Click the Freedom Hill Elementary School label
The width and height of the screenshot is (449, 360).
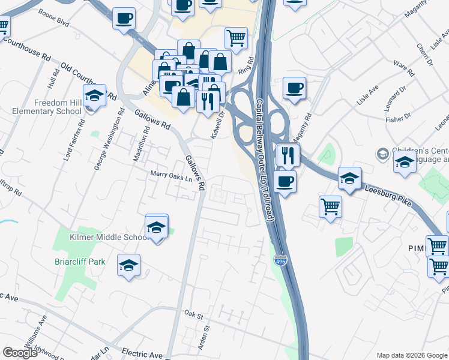[49, 107]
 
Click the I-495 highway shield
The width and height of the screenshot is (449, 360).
[282, 260]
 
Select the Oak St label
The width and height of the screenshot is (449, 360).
[191, 314]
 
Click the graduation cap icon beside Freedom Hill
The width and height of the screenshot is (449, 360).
[94, 95]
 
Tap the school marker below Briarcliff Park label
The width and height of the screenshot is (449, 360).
[128, 265]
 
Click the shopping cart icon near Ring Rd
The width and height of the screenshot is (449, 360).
[236, 38]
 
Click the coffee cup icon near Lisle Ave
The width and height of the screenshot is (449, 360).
[294, 88]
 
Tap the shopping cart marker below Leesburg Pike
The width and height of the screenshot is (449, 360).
[331, 207]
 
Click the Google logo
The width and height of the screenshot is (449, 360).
[20, 353]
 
